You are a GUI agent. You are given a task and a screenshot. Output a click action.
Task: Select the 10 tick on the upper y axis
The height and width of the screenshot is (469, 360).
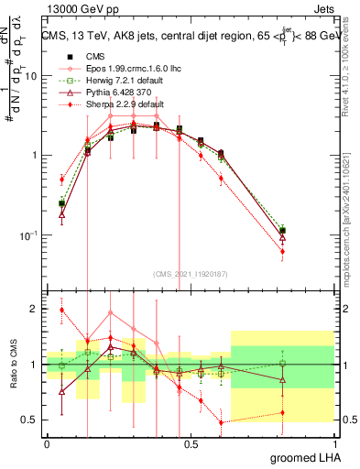pos(32,76)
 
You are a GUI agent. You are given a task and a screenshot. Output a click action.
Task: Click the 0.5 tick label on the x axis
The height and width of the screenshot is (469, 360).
pos(191,442)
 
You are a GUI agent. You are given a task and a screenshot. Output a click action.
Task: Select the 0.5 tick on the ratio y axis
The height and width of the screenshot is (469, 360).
pos(32,420)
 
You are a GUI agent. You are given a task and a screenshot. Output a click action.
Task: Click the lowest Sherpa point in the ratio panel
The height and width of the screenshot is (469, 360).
pos(220,422)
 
